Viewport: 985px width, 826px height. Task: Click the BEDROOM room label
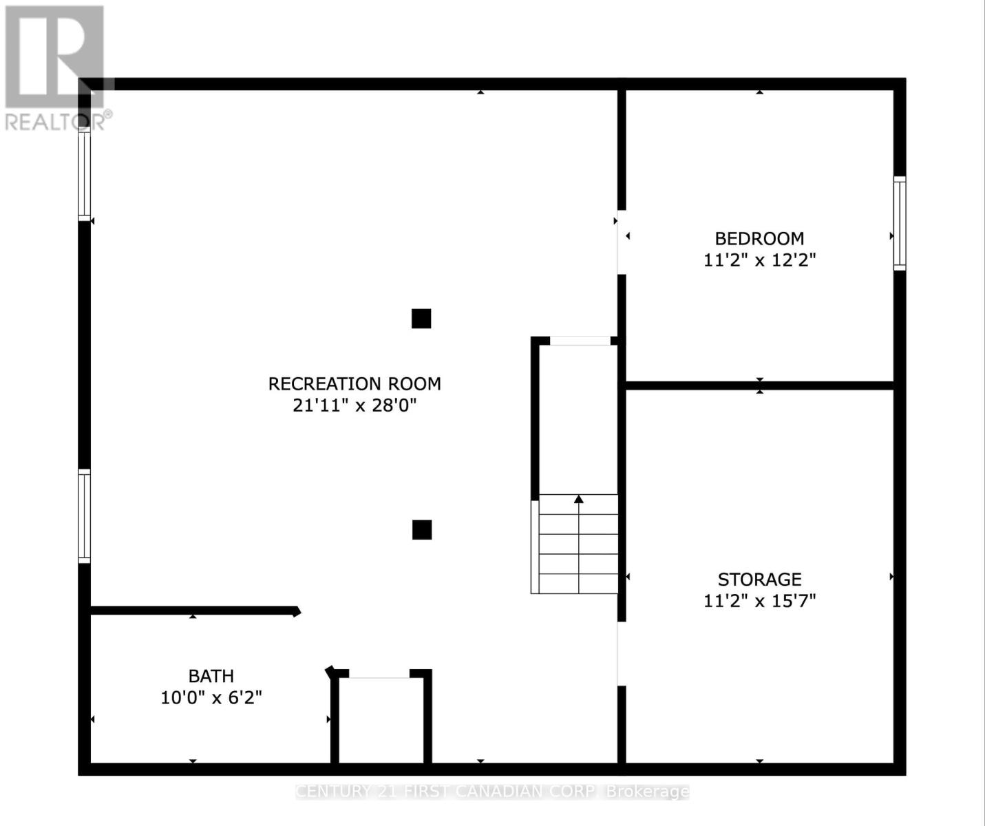point(759,239)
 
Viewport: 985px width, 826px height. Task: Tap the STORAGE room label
point(759,579)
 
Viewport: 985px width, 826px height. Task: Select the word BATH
point(211,676)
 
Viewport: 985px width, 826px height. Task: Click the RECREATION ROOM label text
point(354,383)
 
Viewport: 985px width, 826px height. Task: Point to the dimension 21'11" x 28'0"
point(354,405)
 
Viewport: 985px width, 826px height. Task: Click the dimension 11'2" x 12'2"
point(759,260)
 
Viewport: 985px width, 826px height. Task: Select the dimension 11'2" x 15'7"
point(759,601)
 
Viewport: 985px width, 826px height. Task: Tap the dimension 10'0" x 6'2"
point(211,698)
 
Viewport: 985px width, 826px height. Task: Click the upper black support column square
point(421,319)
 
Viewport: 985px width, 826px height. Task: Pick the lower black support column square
point(422,529)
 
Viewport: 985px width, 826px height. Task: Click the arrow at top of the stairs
point(579,499)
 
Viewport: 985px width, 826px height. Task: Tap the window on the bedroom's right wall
point(900,222)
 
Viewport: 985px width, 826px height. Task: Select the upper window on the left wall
point(84,173)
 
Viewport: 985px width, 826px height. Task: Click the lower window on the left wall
point(84,516)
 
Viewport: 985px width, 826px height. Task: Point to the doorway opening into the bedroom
point(621,242)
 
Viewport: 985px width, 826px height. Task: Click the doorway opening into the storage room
point(621,654)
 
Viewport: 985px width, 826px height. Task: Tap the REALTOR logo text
point(55,123)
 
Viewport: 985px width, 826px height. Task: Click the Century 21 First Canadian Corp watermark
point(492,792)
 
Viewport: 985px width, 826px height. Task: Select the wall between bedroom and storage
point(759,385)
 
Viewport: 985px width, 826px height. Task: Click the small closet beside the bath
point(381,719)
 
